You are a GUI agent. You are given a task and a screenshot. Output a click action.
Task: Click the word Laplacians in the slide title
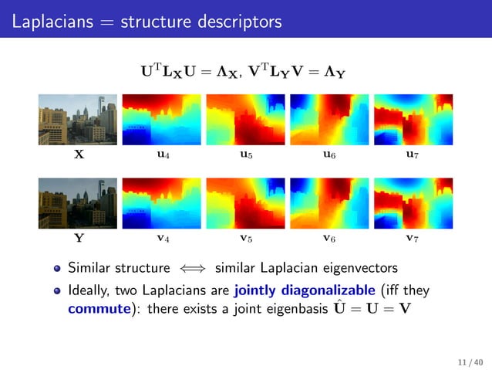coord(50,22)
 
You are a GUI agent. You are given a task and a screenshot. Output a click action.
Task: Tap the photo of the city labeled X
coord(78,120)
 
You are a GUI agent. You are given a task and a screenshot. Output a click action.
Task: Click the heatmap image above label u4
coord(161,120)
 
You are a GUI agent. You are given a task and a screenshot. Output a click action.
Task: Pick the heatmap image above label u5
coord(245,120)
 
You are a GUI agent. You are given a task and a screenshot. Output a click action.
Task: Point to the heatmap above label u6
coord(329,120)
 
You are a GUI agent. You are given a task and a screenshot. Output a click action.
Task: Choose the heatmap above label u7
coord(412,120)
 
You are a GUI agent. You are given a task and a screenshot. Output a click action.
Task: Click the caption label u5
coord(245,155)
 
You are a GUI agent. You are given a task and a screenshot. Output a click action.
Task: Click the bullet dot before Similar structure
coord(57,270)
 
